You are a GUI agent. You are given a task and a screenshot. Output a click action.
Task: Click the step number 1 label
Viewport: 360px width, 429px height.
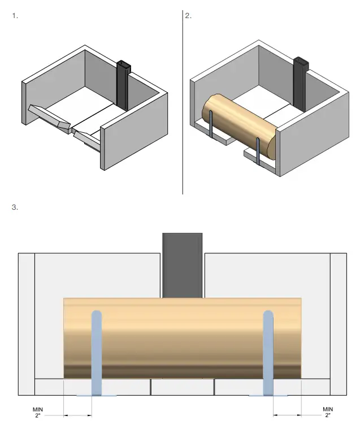click(x=15, y=16)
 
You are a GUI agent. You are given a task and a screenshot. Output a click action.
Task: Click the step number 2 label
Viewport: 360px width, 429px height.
click(x=189, y=16)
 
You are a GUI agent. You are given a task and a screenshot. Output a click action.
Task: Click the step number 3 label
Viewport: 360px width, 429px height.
click(x=15, y=207)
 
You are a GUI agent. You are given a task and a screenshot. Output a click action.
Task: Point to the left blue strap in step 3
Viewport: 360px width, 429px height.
click(x=97, y=350)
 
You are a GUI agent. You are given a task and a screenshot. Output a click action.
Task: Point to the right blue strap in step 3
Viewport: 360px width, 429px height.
click(x=269, y=350)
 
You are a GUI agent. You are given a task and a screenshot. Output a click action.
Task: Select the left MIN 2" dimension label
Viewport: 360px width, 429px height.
click(x=38, y=412)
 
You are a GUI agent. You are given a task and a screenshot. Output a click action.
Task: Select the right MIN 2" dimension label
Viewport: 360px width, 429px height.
click(x=328, y=412)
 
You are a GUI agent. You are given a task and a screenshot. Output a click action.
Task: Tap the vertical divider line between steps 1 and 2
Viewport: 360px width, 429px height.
click(x=183, y=102)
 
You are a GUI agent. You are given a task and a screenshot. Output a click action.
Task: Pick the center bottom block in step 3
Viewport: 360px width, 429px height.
click(x=183, y=387)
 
